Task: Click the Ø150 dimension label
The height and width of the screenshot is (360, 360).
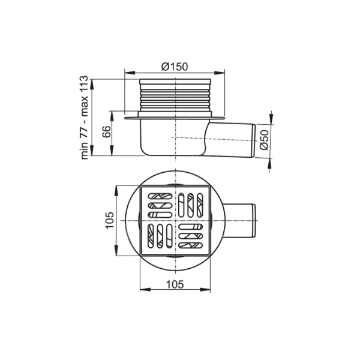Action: click(175, 67)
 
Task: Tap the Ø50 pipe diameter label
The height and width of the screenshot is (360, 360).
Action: click(265, 140)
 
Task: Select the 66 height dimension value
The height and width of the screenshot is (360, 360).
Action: click(107, 131)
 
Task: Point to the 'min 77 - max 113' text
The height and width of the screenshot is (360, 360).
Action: click(84, 118)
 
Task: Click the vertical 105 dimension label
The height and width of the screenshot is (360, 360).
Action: click(110, 220)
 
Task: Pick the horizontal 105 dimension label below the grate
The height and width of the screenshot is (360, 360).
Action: click(175, 284)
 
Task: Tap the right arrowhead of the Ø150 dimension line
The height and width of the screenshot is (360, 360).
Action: click(220, 73)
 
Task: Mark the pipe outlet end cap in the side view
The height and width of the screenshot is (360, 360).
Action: click(254, 141)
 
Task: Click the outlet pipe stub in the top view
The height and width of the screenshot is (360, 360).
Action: click(239, 221)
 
